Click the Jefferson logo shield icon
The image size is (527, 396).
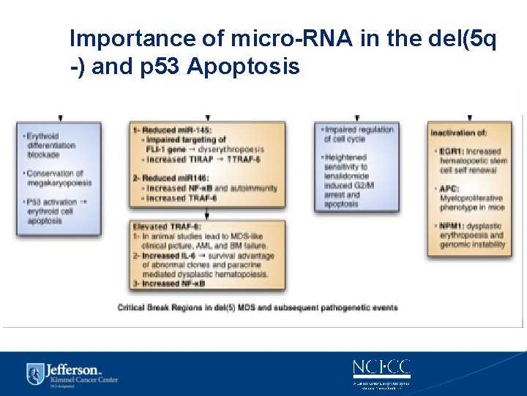34,373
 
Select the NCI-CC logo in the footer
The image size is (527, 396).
381,367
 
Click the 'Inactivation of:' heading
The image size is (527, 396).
459,133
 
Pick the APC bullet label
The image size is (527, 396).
449,188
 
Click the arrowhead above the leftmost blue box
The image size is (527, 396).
60,117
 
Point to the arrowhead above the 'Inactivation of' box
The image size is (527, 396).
469,117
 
